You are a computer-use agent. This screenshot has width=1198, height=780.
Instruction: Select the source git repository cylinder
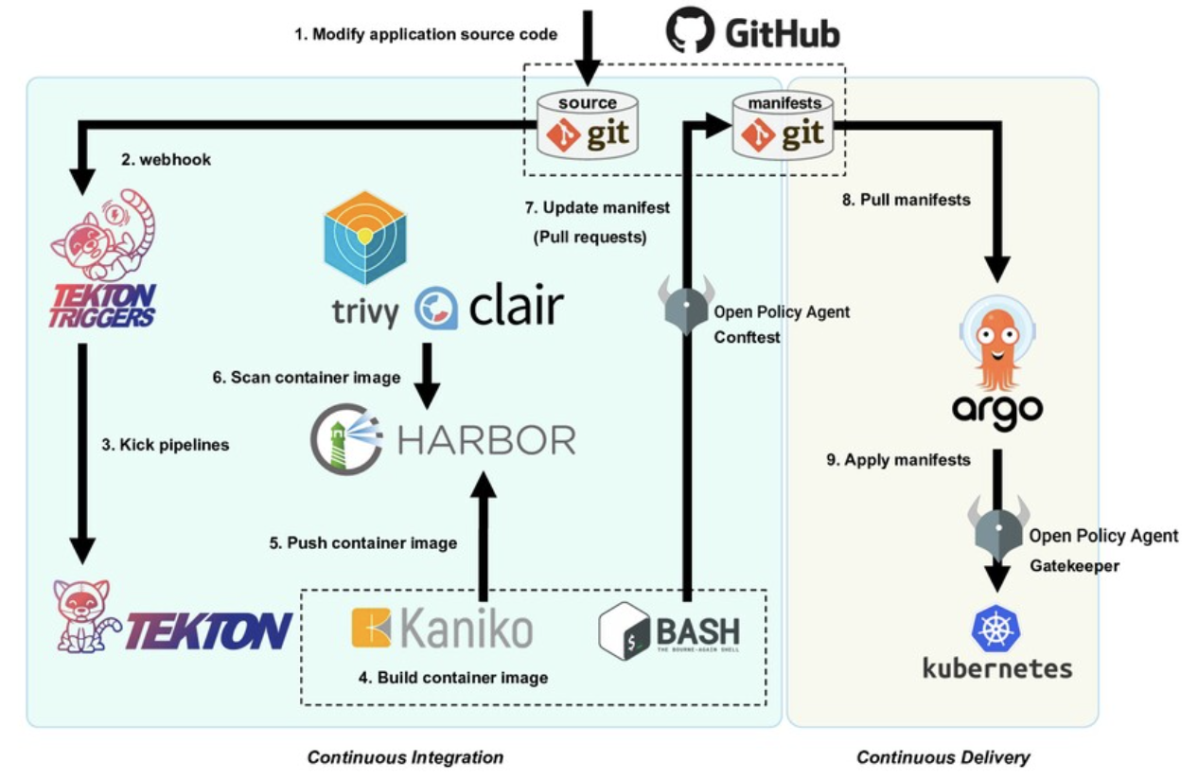pos(587,125)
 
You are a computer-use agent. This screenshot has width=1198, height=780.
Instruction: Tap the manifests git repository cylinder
pos(784,125)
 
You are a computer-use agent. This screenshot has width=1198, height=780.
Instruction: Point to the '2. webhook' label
pos(167,160)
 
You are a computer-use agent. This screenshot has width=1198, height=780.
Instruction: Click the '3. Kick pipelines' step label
pos(166,444)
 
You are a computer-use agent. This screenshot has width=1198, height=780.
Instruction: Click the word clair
pos(515,307)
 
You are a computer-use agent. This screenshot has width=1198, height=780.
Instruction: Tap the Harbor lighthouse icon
pos(346,437)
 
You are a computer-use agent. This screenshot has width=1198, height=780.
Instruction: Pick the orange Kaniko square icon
pos(371,628)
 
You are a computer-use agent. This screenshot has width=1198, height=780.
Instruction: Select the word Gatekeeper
pos(1074,566)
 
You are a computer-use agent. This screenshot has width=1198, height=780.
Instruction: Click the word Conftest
pos(747,336)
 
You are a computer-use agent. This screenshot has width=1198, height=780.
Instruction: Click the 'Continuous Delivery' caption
pos(943,757)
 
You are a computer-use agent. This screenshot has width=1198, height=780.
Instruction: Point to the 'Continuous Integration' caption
pos(405,757)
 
